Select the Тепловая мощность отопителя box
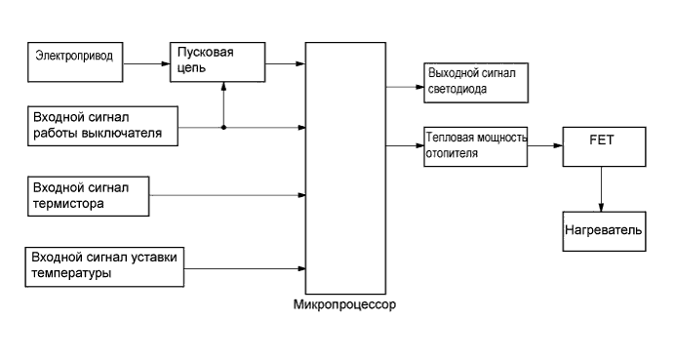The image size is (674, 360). [x=476, y=146]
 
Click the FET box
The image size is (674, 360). [x=601, y=146]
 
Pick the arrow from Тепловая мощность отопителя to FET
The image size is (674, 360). [x=545, y=146]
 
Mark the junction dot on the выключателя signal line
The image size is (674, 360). [x=224, y=127]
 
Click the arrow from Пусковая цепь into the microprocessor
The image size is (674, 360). [x=285, y=64]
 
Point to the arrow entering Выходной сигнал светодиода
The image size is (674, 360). [x=405, y=86]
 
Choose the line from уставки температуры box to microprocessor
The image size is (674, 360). [x=244, y=267]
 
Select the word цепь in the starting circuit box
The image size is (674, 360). [x=192, y=68]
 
